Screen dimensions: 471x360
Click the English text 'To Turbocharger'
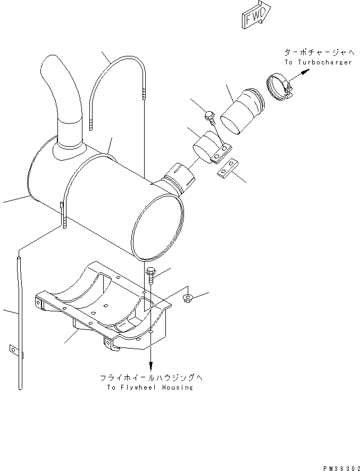(318, 62)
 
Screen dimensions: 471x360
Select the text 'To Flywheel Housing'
(149, 387)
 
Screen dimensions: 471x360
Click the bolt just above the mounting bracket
(151, 275)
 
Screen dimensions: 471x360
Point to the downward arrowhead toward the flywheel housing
(151, 367)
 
